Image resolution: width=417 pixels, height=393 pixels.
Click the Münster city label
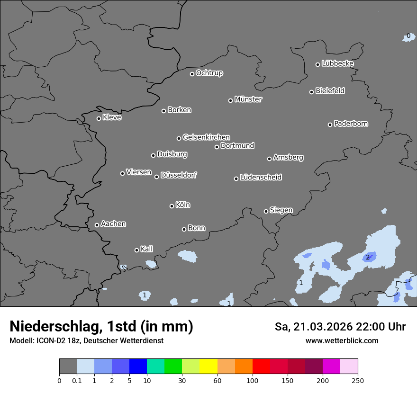[248, 99]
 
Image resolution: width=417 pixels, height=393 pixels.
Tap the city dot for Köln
[172, 206]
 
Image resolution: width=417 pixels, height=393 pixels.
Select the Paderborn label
[351, 124]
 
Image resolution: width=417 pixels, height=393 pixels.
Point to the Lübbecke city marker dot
[317, 64]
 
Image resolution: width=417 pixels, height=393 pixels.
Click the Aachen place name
[113, 224]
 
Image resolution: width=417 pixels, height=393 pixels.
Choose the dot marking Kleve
[99, 118]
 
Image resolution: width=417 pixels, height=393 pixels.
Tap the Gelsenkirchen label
[206, 137]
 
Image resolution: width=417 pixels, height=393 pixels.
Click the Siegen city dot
[266, 211]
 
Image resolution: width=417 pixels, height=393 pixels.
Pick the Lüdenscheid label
[261, 178]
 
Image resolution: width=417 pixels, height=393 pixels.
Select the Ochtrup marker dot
[192, 74]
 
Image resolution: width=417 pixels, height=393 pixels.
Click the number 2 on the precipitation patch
[367, 258]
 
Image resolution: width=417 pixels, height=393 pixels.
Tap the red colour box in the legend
[261, 366]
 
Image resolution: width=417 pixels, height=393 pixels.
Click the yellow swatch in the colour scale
[208, 366]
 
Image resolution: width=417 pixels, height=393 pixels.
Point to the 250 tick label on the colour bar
[358, 380]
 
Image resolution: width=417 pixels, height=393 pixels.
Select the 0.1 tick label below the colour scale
[77, 380]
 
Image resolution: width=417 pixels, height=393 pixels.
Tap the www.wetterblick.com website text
[342, 341]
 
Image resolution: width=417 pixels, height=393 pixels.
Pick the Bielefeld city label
[330, 90]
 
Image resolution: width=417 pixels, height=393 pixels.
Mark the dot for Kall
[136, 250]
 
